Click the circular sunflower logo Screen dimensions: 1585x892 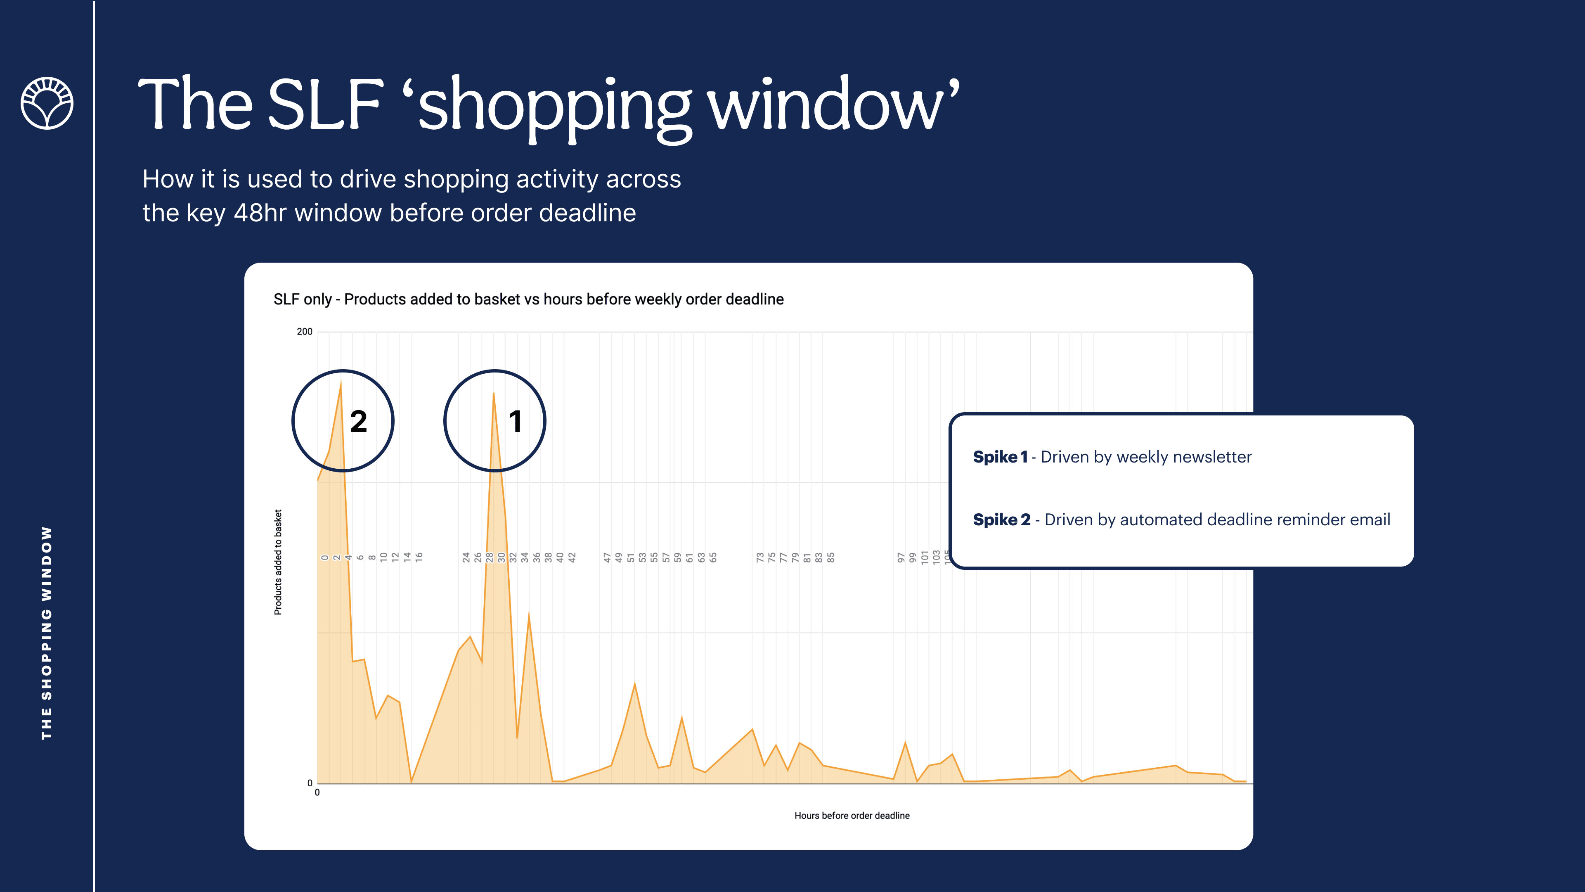pyautogui.click(x=47, y=103)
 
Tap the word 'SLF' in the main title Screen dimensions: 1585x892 pyautogui.click(x=326, y=103)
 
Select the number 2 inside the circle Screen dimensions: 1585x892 pyautogui.click(x=358, y=422)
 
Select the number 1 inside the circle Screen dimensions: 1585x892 pyautogui.click(x=516, y=422)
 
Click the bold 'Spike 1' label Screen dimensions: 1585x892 pyautogui.click(x=1000, y=457)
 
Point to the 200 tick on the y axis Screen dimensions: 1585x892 pyautogui.click(x=305, y=331)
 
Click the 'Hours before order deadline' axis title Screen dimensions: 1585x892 pyautogui.click(x=852, y=816)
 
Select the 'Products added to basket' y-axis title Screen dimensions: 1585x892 pyautogui.click(x=278, y=562)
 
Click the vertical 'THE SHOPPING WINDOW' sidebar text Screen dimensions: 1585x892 pyautogui.click(x=47, y=633)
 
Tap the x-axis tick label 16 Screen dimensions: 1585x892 pyautogui.click(x=419, y=557)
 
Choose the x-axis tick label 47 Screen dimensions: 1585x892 pyautogui.click(x=607, y=557)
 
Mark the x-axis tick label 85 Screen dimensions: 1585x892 pyautogui.click(x=830, y=557)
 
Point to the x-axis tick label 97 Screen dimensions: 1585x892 pyautogui.click(x=901, y=557)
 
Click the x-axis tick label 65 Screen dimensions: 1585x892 pyautogui.click(x=713, y=557)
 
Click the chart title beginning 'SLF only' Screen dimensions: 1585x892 pyautogui.click(x=528, y=299)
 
